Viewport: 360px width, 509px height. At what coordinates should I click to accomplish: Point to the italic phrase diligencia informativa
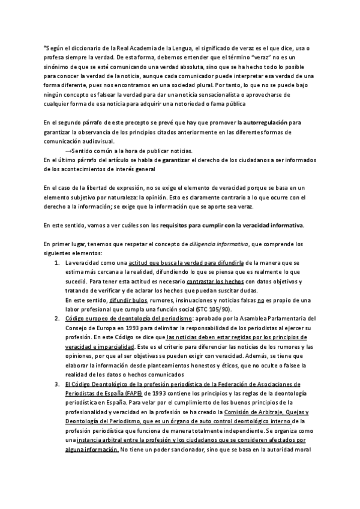pyautogui.click(x=215, y=244)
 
